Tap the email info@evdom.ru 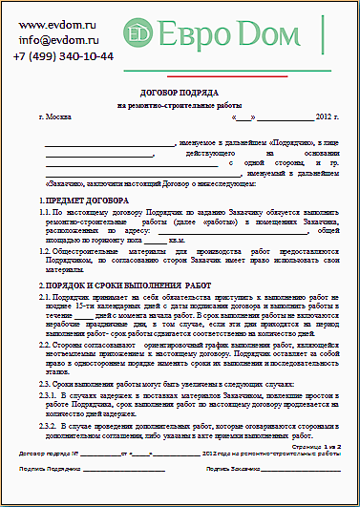click(x=53, y=39)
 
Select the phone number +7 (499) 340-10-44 click(x=64, y=56)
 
